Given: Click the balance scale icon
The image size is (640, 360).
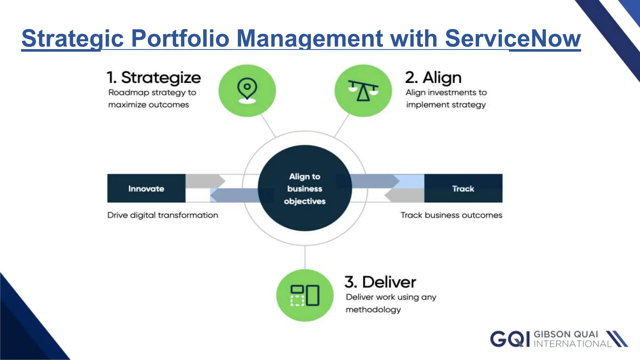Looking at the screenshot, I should (x=363, y=91).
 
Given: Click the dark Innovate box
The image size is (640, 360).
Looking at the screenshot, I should (x=146, y=188).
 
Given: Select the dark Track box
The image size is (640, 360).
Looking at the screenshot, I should (x=463, y=188).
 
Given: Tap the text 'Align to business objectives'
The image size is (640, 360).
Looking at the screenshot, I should (x=305, y=189).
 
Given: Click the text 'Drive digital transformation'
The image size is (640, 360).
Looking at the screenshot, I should (x=162, y=215).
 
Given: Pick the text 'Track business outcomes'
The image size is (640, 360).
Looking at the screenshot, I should (x=451, y=215).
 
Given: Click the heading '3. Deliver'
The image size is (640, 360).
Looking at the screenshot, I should (x=380, y=282).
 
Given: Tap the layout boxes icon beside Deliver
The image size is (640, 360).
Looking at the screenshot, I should (x=305, y=295).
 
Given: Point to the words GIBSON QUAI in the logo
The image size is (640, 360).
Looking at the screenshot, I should (x=566, y=334).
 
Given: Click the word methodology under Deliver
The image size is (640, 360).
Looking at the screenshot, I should (x=373, y=309).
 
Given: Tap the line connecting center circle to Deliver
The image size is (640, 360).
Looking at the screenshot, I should (x=305, y=257).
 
